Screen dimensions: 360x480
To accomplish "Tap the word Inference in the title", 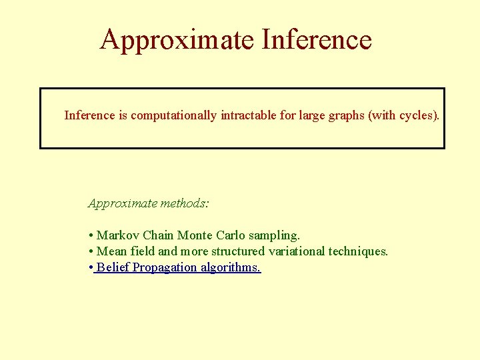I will [x=317, y=40].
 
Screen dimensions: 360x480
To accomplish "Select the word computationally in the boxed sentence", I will [x=173, y=115].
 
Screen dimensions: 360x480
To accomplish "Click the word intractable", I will [x=248, y=115].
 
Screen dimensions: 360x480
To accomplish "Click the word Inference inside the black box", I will [x=89, y=115].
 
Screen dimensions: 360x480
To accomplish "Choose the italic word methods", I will [x=185, y=203].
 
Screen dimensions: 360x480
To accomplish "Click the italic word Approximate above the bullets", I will [x=123, y=203].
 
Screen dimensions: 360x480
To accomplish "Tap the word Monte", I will [x=195, y=235].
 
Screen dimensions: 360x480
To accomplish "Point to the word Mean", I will [x=111, y=251].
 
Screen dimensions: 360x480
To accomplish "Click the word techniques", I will [x=357, y=251].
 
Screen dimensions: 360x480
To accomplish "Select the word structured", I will [x=237, y=251].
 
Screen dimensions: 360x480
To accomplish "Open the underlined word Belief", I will [x=113, y=267].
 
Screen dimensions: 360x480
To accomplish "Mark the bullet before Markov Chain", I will [x=90, y=235].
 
